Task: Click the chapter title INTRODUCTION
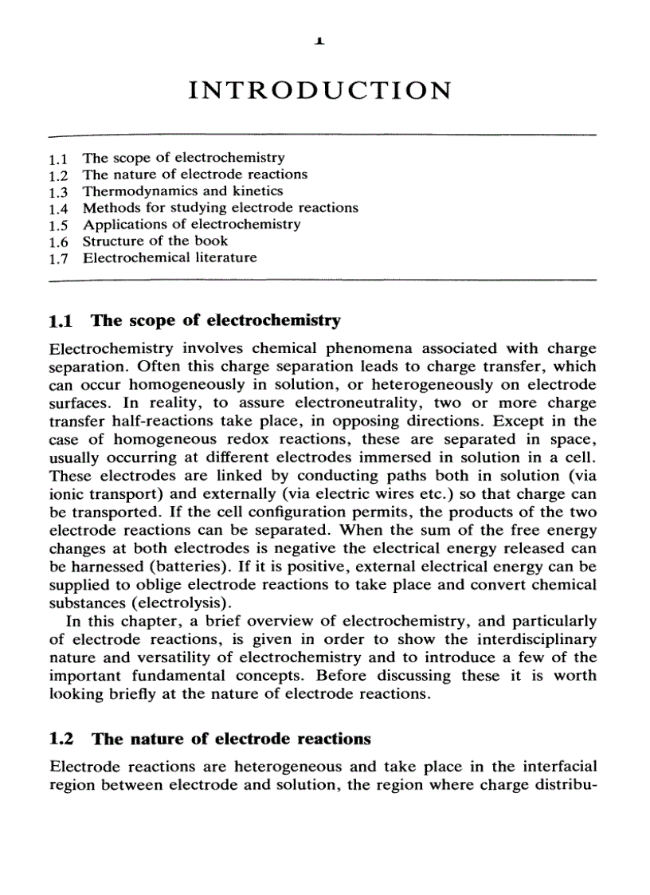click(x=319, y=90)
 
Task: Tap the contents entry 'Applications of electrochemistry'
click(x=192, y=224)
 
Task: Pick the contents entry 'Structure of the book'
click(x=155, y=241)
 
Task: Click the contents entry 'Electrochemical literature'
click(x=170, y=257)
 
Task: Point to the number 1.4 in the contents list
click(x=59, y=208)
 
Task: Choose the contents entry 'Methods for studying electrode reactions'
click(x=221, y=208)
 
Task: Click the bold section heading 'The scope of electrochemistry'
click(x=216, y=321)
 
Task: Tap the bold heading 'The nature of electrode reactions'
click(x=231, y=739)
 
